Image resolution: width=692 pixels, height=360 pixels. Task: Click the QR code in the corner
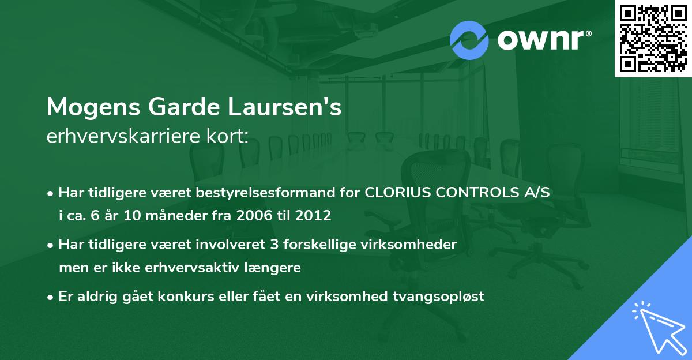(x=653, y=38)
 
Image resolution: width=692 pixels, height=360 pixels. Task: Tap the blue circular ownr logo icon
(x=469, y=40)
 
